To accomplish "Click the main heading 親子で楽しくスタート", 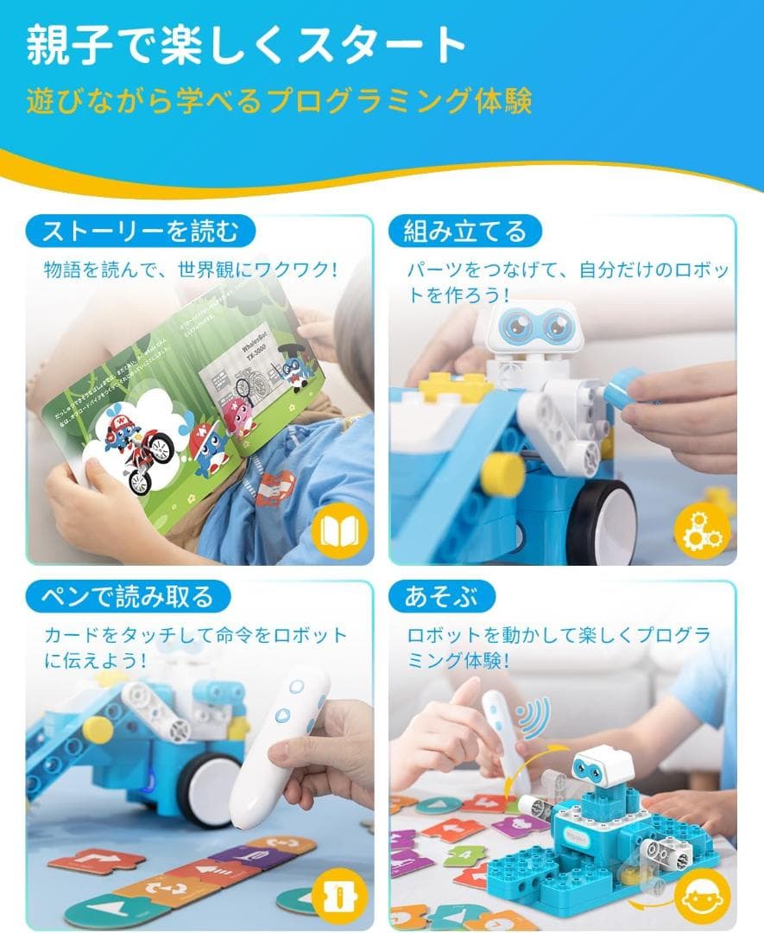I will tap(247, 45).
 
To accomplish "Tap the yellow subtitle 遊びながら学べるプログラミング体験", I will tap(278, 101).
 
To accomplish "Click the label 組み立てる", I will tap(465, 232).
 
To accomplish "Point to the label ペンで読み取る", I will tap(126, 596).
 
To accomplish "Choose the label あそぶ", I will tap(441, 596).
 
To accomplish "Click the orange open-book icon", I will tap(338, 530).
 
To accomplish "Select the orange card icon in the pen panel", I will tap(338, 895).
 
